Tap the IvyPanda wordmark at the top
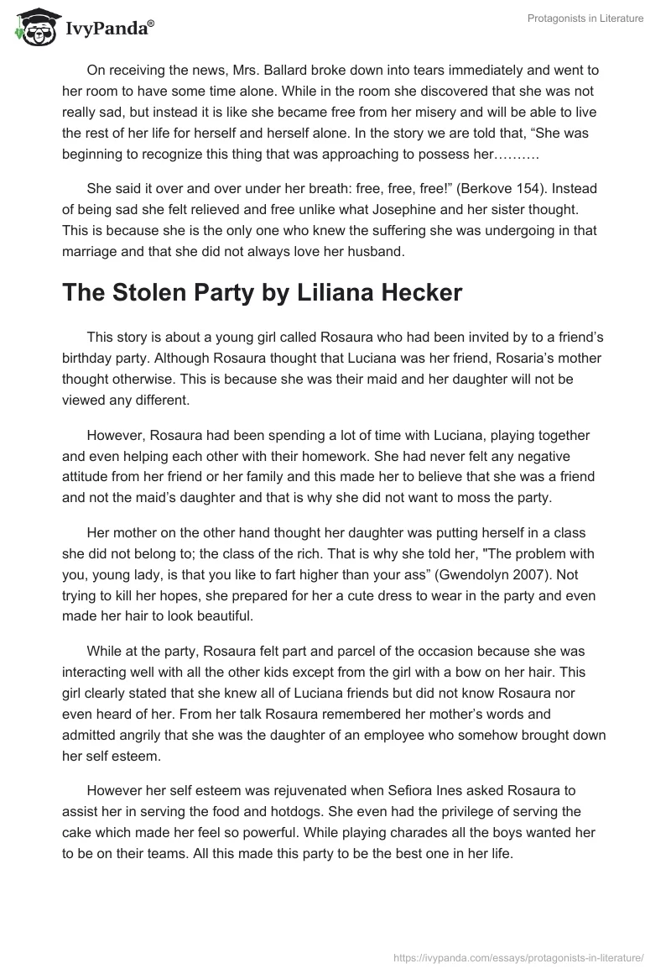point(110,29)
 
